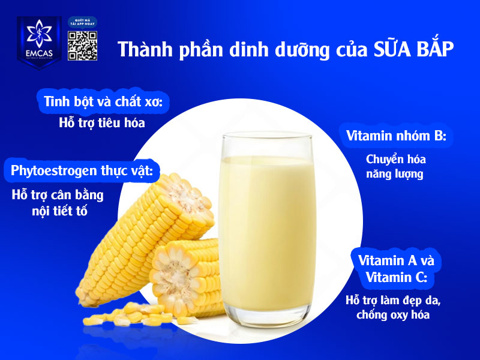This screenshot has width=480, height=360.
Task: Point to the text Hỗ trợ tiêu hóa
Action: (x=102, y=123)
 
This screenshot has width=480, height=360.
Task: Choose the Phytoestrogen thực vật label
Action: (x=82, y=171)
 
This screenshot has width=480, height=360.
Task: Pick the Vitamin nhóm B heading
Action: (x=397, y=136)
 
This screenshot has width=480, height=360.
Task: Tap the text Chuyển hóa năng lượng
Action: (x=395, y=167)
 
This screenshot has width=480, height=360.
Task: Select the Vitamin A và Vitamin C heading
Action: (x=396, y=269)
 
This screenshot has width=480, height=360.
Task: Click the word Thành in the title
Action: (x=143, y=50)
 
